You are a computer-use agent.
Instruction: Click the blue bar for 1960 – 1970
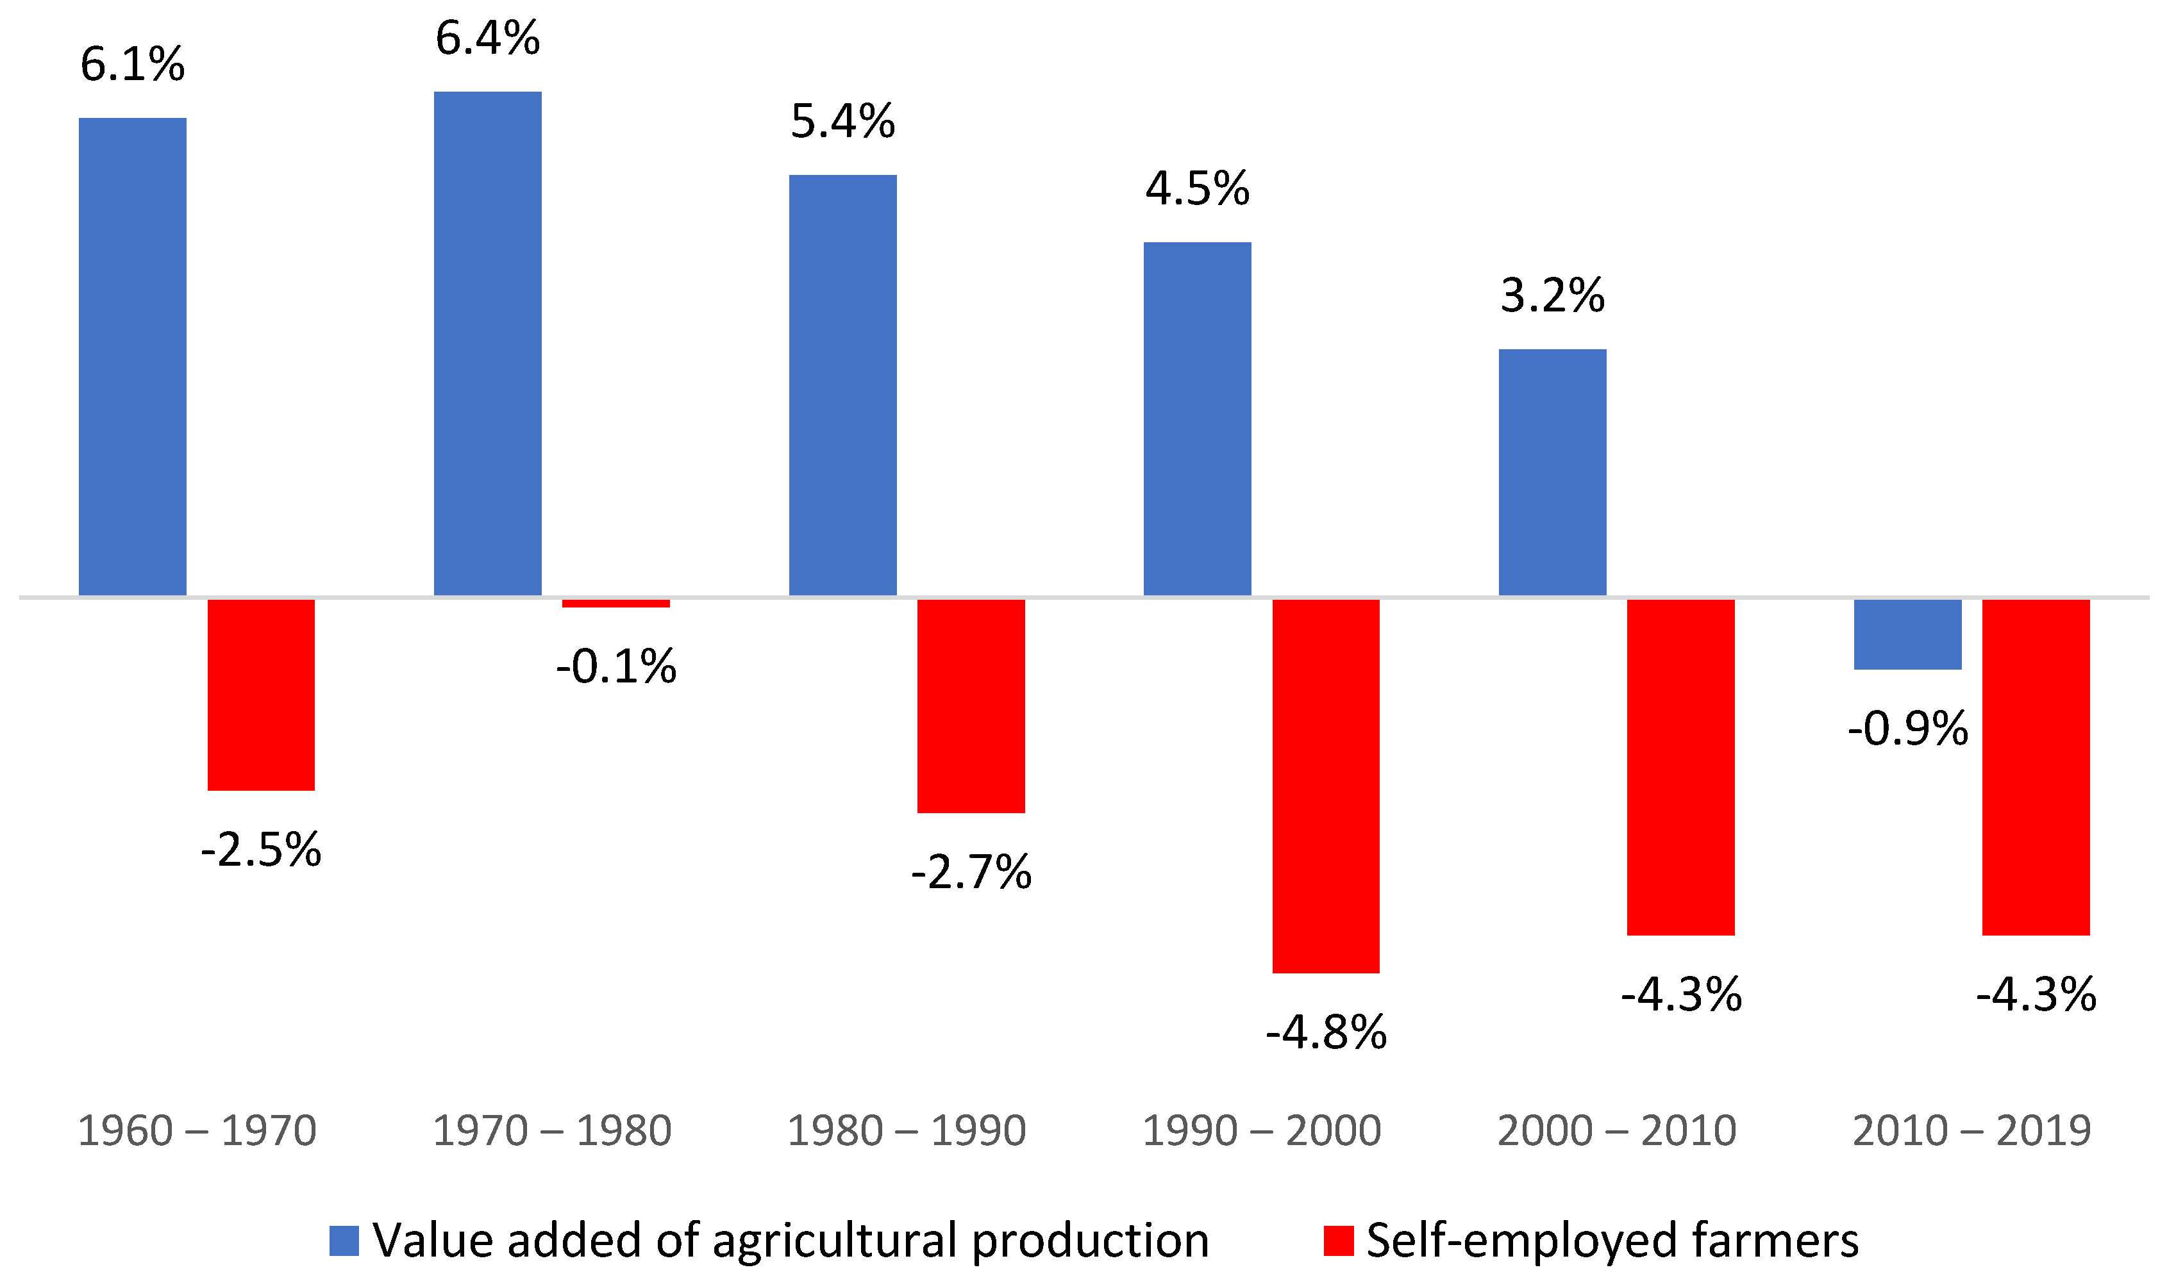pos(132,356)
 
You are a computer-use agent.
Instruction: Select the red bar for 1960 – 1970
pos(260,695)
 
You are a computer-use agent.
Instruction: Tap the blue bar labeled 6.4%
pos(487,343)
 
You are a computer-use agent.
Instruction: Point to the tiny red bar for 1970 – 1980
pos(615,603)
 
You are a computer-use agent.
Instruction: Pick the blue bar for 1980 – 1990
pos(842,384)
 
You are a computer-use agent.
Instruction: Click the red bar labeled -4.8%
pos(1325,786)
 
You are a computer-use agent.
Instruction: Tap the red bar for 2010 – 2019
pos(2036,766)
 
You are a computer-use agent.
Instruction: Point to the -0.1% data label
pos(615,666)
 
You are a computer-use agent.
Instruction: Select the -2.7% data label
pos(971,872)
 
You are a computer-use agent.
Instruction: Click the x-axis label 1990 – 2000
pos(1261,1130)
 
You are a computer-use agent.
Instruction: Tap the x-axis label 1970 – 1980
pos(551,1130)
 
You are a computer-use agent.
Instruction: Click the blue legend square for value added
pos(344,1241)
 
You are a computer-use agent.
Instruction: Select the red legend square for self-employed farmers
pos(1338,1241)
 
